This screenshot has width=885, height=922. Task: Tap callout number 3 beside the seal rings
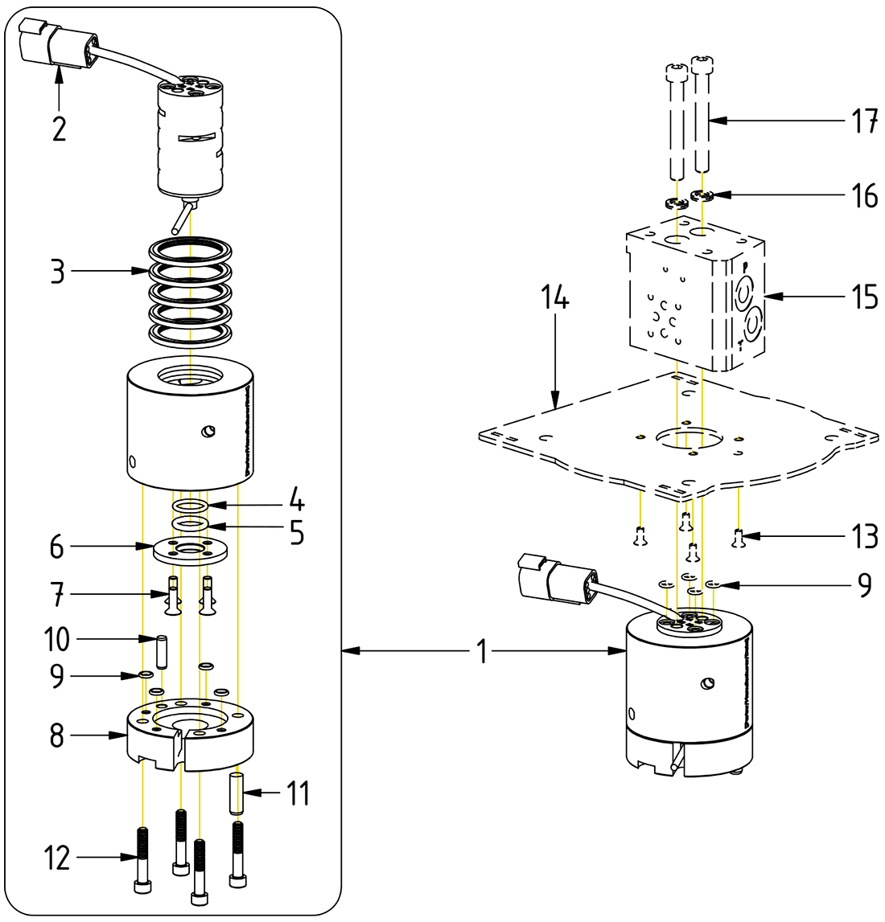click(57, 272)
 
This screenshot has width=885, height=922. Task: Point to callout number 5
click(297, 533)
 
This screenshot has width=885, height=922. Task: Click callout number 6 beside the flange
click(57, 547)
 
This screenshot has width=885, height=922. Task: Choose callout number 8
click(57, 736)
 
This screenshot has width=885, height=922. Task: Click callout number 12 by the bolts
click(57, 859)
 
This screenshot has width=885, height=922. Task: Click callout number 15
click(864, 298)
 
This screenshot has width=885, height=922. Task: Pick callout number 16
click(864, 195)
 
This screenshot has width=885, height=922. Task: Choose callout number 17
click(864, 121)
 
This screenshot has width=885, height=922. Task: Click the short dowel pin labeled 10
click(162, 651)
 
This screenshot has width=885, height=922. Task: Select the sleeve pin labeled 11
click(237, 792)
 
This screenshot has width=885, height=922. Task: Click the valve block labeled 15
click(692, 301)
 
